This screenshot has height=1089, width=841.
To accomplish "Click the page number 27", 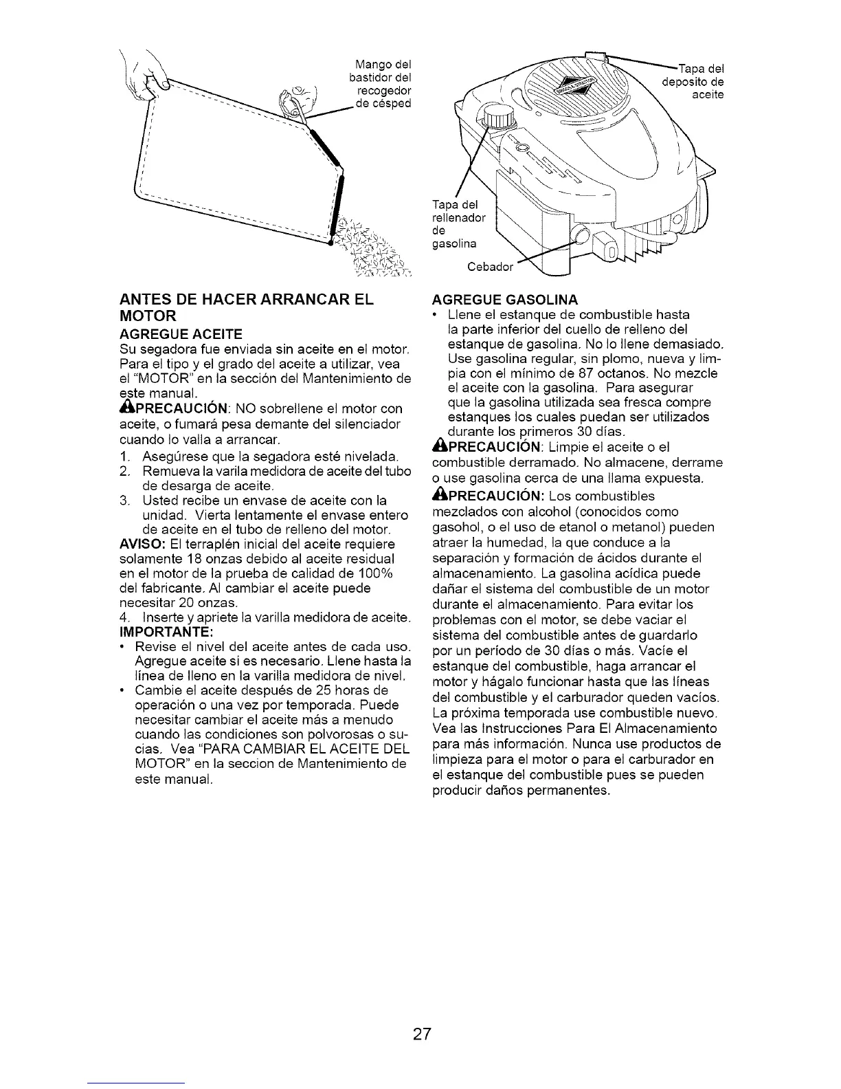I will coord(421,1034).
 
